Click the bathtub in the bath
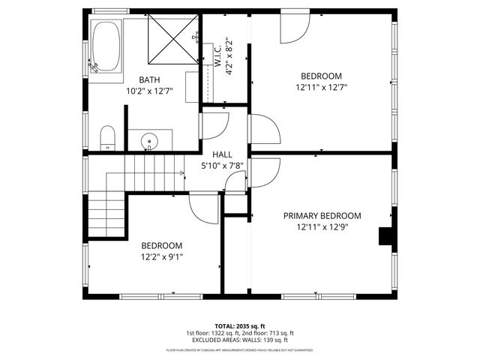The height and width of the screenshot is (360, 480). click(x=106, y=46)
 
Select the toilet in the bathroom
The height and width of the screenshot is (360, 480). click(x=107, y=138)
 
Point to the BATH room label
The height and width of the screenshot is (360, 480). click(x=149, y=80)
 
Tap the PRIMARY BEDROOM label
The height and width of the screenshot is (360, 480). click(x=322, y=215)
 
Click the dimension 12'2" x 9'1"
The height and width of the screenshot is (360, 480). click(x=162, y=256)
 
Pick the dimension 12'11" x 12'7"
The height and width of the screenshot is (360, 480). click(x=321, y=87)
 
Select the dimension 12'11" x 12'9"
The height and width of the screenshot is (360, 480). click(x=322, y=226)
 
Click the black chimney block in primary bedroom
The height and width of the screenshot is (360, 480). click(x=386, y=236)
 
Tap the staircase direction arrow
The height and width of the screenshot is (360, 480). click(x=181, y=174)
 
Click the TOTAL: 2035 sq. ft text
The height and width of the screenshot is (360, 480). click(x=240, y=325)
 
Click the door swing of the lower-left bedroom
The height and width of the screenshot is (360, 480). click(x=203, y=206)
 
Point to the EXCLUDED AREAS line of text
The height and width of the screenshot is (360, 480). click(x=240, y=340)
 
